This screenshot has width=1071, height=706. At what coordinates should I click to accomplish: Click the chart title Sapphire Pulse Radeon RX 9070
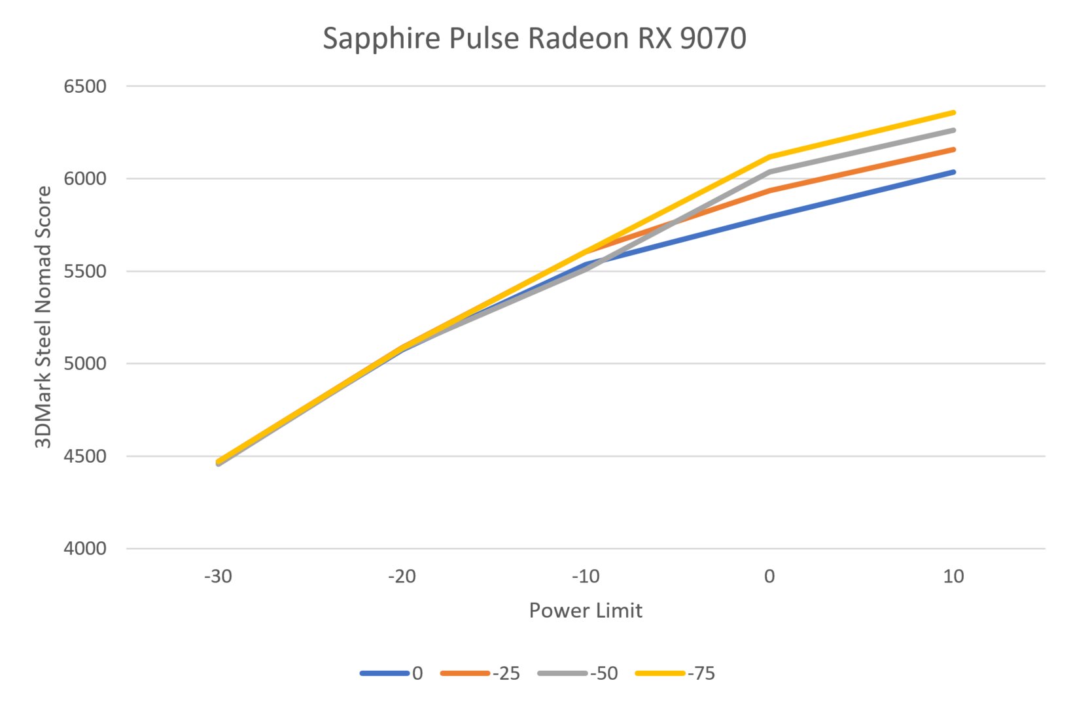(534, 39)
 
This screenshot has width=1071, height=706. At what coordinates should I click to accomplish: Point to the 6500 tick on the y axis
(85, 86)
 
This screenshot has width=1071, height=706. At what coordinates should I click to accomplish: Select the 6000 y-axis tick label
(85, 178)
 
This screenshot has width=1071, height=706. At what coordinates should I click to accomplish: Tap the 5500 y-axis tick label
(85, 271)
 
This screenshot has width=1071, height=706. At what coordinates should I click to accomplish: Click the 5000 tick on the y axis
(85, 363)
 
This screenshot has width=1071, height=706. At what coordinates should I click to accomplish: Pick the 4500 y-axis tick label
(85, 456)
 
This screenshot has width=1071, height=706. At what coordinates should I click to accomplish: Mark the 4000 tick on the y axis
(85, 548)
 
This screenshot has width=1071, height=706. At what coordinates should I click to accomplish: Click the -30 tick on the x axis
(218, 577)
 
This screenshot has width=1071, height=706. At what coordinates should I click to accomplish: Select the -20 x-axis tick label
(402, 577)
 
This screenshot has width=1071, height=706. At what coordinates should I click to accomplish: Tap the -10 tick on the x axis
(586, 577)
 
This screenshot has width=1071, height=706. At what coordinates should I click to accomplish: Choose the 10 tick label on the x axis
(953, 577)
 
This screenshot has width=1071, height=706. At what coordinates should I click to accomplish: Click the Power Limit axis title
(586, 611)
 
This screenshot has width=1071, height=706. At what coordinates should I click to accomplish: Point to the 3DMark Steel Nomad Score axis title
(43, 317)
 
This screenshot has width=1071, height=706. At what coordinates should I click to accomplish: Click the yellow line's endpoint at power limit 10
(953, 112)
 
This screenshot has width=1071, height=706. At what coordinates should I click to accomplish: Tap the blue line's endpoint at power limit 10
(953, 172)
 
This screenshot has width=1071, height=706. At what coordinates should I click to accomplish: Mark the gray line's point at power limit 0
(769, 172)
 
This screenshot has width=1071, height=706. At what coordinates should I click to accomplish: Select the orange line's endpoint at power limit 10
(953, 150)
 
